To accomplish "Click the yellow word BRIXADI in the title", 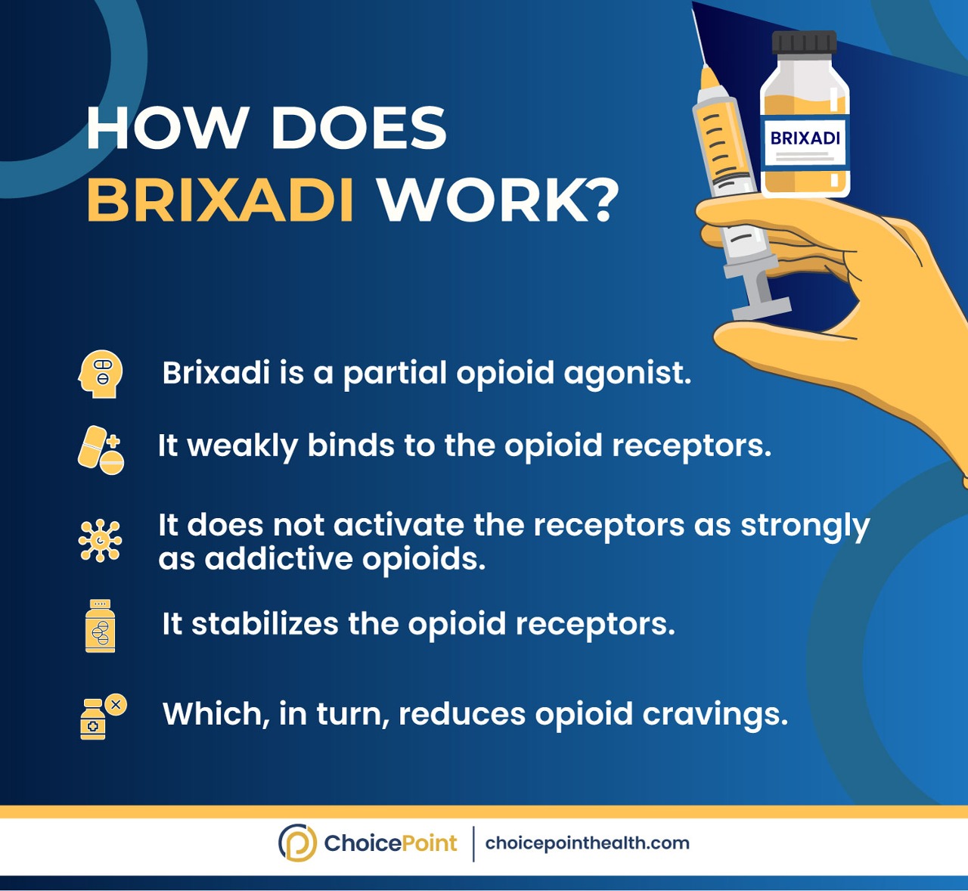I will [x=220, y=200].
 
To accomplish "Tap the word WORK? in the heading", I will [x=498, y=200].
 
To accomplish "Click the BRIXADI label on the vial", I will [x=805, y=138].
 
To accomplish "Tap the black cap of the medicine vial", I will [x=805, y=42].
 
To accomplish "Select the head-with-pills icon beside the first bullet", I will [x=101, y=374].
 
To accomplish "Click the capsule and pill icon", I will [x=101, y=450].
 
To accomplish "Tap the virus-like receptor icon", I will [x=100, y=541].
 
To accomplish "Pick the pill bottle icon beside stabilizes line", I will [x=101, y=626].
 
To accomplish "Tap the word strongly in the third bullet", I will [x=805, y=526].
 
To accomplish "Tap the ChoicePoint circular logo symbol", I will [x=297, y=843].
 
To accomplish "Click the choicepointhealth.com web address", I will [x=587, y=843].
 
